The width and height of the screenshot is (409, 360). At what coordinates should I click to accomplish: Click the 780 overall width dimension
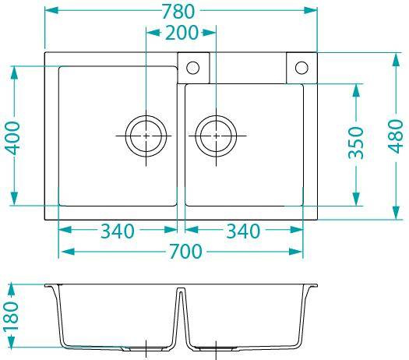(x=178, y=12)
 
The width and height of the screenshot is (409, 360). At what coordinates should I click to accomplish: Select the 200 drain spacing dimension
(x=182, y=33)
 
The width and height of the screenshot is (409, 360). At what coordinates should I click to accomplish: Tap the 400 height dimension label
(x=12, y=138)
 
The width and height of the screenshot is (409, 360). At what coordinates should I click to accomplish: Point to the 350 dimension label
(x=356, y=143)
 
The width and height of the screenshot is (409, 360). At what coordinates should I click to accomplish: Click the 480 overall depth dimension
(x=396, y=136)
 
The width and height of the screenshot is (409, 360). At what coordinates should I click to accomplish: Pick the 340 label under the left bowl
(x=118, y=231)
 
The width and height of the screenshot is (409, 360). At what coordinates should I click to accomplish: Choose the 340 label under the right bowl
(x=243, y=231)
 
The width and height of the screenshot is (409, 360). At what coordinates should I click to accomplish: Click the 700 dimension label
(x=185, y=251)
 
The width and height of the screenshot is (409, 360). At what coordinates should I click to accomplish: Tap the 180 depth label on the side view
(x=11, y=316)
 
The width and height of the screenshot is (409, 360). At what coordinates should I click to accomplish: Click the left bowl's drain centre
(x=146, y=136)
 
